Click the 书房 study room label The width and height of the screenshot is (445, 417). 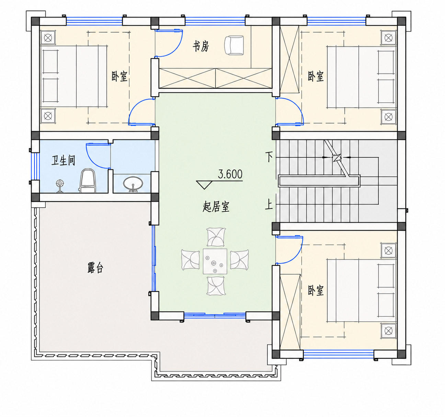pyautogui.click(x=201, y=47)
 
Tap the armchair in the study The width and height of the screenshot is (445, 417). pyautogui.click(x=234, y=45)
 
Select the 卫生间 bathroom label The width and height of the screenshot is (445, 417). pyautogui.click(x=63, y=160)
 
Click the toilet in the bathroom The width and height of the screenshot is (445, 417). pyautogui.click(x=88, y=181)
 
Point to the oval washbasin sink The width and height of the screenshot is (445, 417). pyautogui.click(x=133, y=184)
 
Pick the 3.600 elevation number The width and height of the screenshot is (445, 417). pyautogui.click(x=230, y=174)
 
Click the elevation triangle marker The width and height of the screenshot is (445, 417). pyautogui.click(x=204, y=185)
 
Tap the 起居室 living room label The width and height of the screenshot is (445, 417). pyautogui.click(x=216, y=206)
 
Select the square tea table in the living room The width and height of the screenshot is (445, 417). pyautogui.click(x=215, y=261)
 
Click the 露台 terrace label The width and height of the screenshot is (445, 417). pyautogui.click(x=95, y=268)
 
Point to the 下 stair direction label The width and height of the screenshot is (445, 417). pyautogui.click(x=269, y=157)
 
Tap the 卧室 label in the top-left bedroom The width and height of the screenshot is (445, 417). pyautogui.click(x=119, y=76)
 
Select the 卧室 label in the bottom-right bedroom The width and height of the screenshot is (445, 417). pyautogui.click(x=316, y=291)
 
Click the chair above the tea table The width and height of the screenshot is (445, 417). pyautogui.click(x=216, y=237)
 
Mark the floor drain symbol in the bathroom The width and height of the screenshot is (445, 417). pyautogui.click(x=60, y=185)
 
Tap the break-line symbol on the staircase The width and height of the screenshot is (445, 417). pyautogui.click(x=336, y=158)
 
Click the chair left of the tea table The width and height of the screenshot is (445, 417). pyautogui.click(x=190, y=260)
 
